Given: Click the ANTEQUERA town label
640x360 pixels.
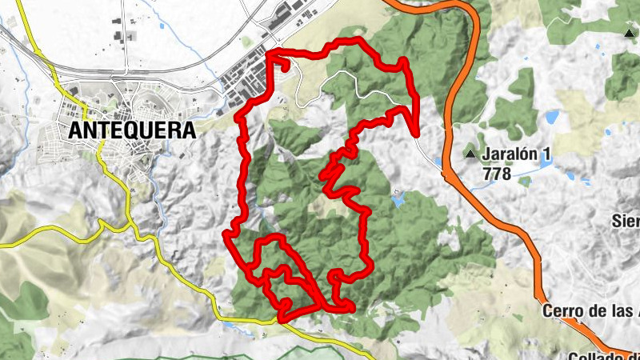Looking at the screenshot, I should (132, 130).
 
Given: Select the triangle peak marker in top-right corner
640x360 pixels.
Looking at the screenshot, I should (629, 33).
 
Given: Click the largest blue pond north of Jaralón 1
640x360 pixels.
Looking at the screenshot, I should (551, 118).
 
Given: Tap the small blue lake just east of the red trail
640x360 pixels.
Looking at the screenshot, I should (398, 200).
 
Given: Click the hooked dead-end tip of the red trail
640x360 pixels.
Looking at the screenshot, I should (284, 68).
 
